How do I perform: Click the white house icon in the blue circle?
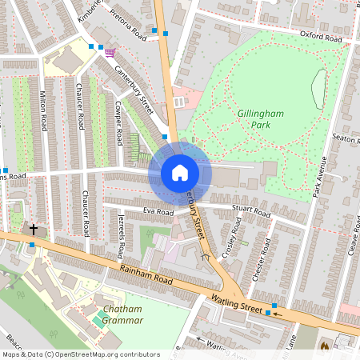pos(180,172)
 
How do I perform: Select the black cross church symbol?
pos(34,230)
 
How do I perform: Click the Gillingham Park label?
pos(262,120)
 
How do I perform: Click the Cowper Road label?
pos(120,122)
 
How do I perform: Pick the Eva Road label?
pos(158,213)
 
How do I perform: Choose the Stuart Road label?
pos(250,212)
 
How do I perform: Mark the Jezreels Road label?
pos(121,239)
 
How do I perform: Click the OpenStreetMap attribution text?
pos(80,354)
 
